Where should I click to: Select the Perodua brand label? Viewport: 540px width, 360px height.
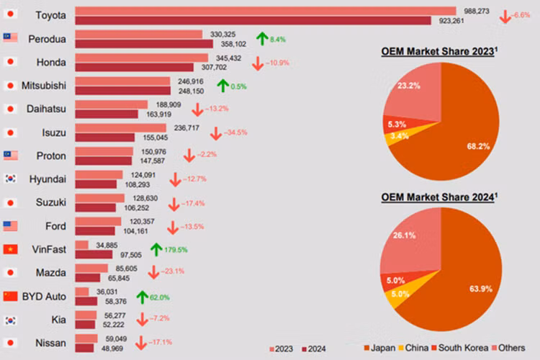point(52,38)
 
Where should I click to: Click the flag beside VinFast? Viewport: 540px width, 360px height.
point(10,249)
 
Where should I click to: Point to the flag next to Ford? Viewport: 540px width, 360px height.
point(10,226)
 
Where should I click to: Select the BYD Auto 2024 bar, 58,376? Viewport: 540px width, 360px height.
point(86,301)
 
